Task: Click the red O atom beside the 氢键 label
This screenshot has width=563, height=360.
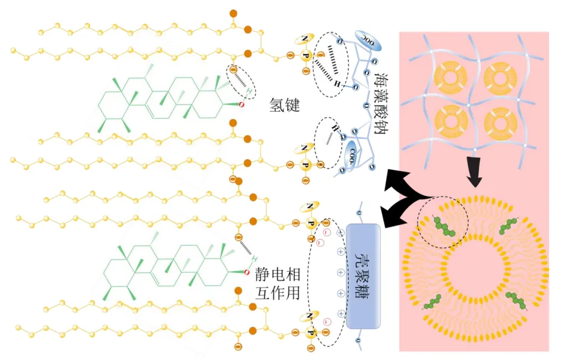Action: tap(241, 104)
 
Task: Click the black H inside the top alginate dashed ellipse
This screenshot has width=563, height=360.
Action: tap(336, 84)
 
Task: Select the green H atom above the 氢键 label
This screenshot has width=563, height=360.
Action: tap(252, 91)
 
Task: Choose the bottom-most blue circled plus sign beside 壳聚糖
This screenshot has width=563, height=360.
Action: tap(341, 313)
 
